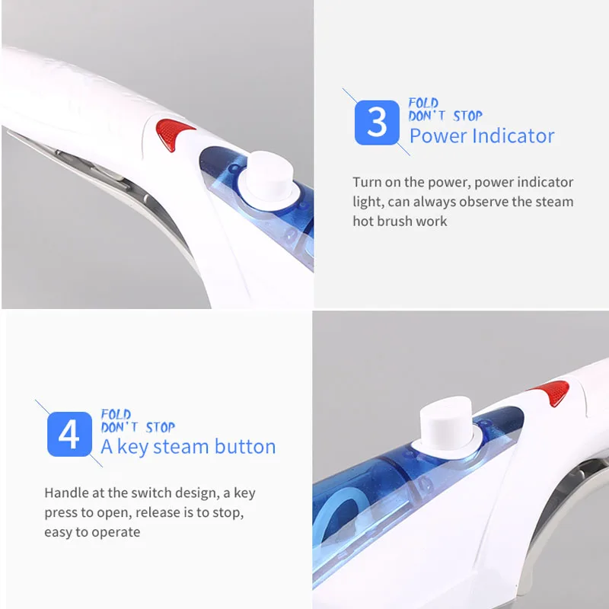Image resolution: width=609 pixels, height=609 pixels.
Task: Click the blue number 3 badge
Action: [x=377, y=123]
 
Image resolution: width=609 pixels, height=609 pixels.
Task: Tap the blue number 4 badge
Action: [x=69, y=434]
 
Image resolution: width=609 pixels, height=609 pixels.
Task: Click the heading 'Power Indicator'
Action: [x=482, y=136]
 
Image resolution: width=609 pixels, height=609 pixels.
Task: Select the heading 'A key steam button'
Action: [x=188, y=446]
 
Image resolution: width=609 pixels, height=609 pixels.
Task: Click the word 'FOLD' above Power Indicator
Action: [x=423, y=103]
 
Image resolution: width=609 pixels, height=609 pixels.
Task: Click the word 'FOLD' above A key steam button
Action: [x=116, y=414]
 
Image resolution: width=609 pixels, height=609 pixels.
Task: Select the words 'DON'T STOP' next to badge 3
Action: [x=445, y=116]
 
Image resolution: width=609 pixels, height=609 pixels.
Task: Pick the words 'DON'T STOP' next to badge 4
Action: [x=138, y=427]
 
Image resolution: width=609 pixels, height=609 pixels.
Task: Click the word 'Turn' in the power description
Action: [x=366, y=182]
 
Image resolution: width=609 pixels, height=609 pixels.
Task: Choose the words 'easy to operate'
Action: [x=92, y=532]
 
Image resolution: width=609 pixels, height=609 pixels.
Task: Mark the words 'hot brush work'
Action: [x=400, y=222]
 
